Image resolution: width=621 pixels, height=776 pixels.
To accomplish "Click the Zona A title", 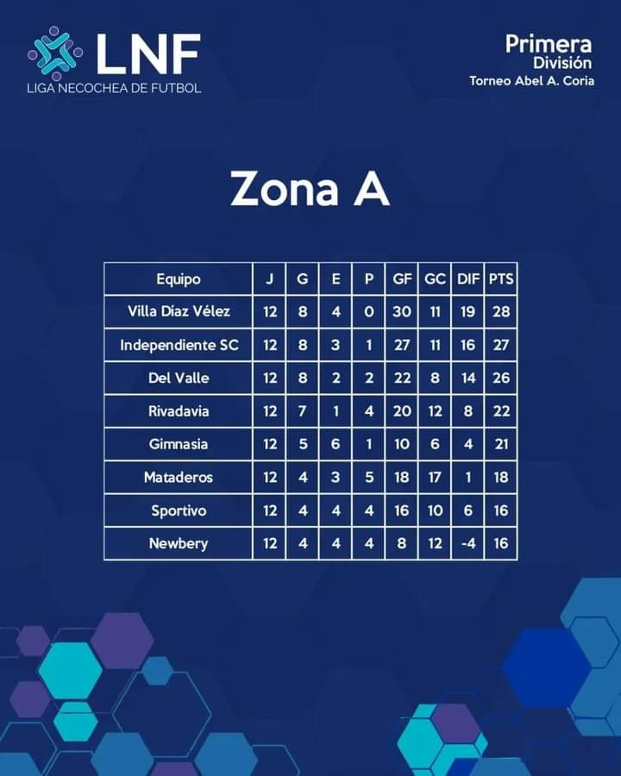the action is click(310, 188).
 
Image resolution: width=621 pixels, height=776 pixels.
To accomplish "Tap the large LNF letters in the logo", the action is click(148, 53).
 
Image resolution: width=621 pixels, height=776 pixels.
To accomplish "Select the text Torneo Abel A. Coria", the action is click(532, 81).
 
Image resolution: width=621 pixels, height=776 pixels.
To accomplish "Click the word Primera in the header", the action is click(549, 45).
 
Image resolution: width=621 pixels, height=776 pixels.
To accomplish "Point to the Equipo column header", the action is click(179, 279).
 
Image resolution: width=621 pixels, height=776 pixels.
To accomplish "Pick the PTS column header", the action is click(501, 279).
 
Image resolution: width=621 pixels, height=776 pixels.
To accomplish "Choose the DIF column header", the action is click(468, 279).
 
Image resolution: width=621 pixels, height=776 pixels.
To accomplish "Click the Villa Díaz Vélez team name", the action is click(179, 311).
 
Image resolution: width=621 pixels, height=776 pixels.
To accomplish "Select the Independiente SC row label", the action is click(179, 345).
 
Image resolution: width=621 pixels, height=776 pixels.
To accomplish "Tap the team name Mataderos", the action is click(179, 477).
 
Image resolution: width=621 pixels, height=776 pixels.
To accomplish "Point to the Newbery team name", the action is click(179, 543).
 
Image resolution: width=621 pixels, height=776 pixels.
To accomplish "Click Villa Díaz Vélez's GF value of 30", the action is click(402, 312).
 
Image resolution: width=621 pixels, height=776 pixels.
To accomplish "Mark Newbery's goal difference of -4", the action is click(468, 543).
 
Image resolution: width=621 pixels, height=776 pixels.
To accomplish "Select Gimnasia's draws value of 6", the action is click(336, 444).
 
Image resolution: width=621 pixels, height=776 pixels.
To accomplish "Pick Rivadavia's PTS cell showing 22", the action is click(501, 411).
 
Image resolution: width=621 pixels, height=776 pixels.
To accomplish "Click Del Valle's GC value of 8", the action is click(435, 379).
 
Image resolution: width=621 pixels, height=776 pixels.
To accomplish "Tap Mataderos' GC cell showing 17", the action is click(435, 477).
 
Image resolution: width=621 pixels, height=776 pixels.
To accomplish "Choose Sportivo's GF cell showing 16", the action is click(402, 510).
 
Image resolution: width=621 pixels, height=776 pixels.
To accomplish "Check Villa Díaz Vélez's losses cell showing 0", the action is click(368, 312).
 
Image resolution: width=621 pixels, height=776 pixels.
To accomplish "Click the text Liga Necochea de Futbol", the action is click(114, 89).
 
